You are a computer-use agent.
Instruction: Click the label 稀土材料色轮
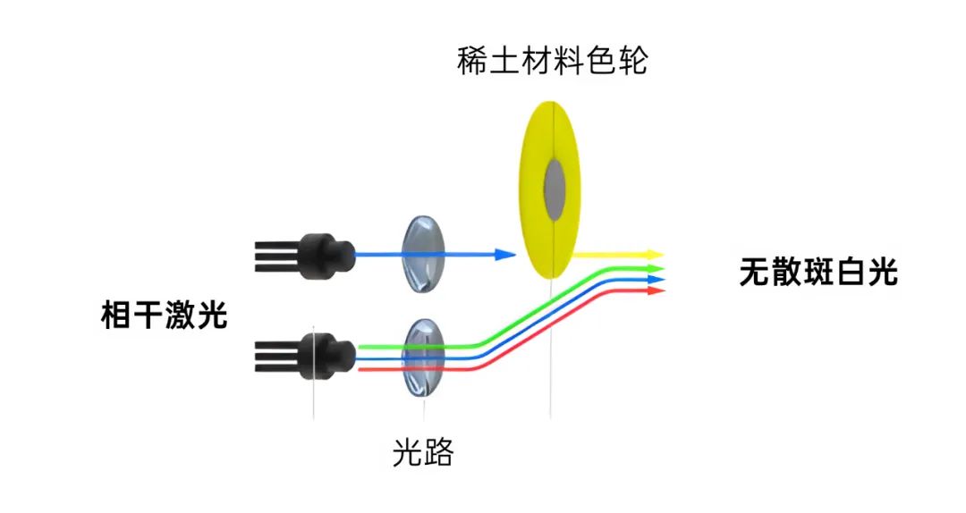point(552,63)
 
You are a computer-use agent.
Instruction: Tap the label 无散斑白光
point(818,272)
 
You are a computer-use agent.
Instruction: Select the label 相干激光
point(165,315)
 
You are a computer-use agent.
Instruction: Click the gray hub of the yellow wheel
point(555,190)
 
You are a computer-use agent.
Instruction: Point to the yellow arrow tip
point(657,255)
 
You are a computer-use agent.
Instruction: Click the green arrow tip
point(660,267)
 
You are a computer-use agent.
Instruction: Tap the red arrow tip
point(660,290)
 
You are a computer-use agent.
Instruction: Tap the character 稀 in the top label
point(472,63)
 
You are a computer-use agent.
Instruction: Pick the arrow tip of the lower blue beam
point(660,279)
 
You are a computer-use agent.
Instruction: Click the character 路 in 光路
point(439,453)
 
